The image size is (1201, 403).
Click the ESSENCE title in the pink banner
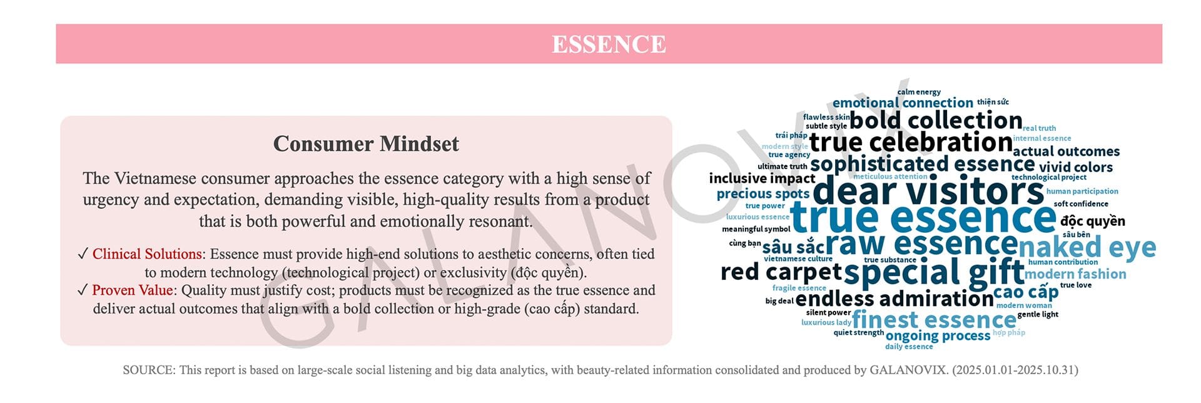[x=609, y=44]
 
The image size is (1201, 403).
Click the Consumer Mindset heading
[x=366, y=144]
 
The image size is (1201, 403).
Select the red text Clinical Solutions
[x=147, y=254]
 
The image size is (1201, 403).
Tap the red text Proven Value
[x=133, y=290]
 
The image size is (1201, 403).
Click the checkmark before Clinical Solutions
[x=83, y=253]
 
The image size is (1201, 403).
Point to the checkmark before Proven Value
[x=83, y=290]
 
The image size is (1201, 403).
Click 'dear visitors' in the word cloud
[x=928, y=191]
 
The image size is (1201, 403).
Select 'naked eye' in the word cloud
[x=1087, y=248]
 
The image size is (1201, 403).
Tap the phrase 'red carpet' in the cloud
[x=781, y=272]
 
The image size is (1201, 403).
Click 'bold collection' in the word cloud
[x=936, y=120]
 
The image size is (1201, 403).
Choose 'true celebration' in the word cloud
[x=911, y=142]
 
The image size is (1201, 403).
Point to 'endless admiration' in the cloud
[x=894, y=298]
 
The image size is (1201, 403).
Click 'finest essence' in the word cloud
[x=934, y=320]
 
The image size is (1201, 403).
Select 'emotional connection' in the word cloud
[x=903, y=103]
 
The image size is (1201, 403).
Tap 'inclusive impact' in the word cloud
[x=762, y=178]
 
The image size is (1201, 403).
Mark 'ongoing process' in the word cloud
[x=938, y=336]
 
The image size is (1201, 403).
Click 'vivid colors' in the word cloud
[x=1076, y=167]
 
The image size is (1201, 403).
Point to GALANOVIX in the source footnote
[x=908, y=370]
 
